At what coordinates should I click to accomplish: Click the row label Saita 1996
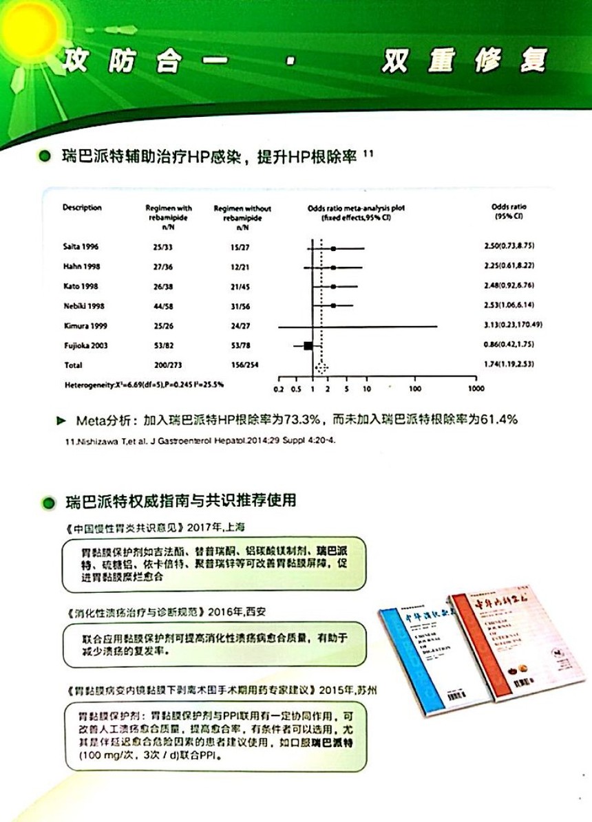pyautogui.click(x=76, y=246)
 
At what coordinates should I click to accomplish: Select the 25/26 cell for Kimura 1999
pyautogui.click(x=164, y=325)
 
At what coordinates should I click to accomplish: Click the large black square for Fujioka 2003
pyautogui.click(x=308, y=345)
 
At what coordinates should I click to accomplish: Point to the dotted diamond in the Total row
pyautogui.click(x=321, y=367)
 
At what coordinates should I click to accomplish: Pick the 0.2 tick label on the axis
pyautogui.click(x=279, y=389)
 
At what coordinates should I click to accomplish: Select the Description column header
pyautogui.click(x=82, y=208)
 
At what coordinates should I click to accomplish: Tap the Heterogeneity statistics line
pyautogui.click(x=144, y=383)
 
